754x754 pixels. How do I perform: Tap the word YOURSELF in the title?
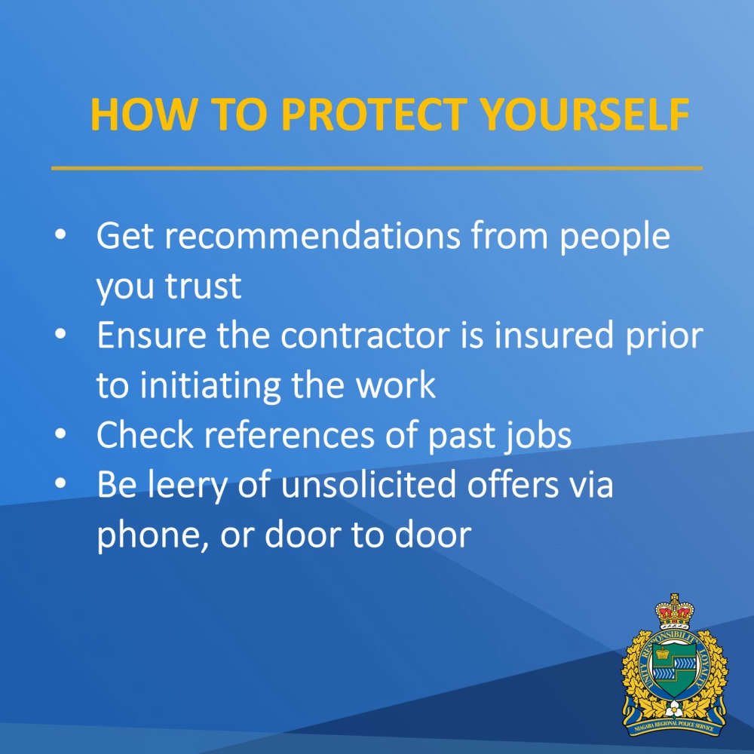click(x=585, y=115)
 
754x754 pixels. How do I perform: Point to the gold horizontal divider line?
click(x=377, y=168)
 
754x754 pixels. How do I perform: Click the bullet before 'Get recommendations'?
click(x=60, y=234)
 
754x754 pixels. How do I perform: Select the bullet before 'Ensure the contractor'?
click(x=60, y=334)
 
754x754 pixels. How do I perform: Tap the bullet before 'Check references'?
click(x=60, y=434)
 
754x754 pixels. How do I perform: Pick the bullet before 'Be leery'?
click(x=60, y=483)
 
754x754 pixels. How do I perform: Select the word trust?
click(x=203, y=287)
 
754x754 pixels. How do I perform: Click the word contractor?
click(x=365, y=336)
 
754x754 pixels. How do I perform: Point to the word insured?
click(x=553, y=335)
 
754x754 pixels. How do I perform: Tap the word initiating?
click(x=210, y=386)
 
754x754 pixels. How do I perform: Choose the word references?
click(x=289, y=435)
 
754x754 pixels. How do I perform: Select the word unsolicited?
click(x=369, y=484)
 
